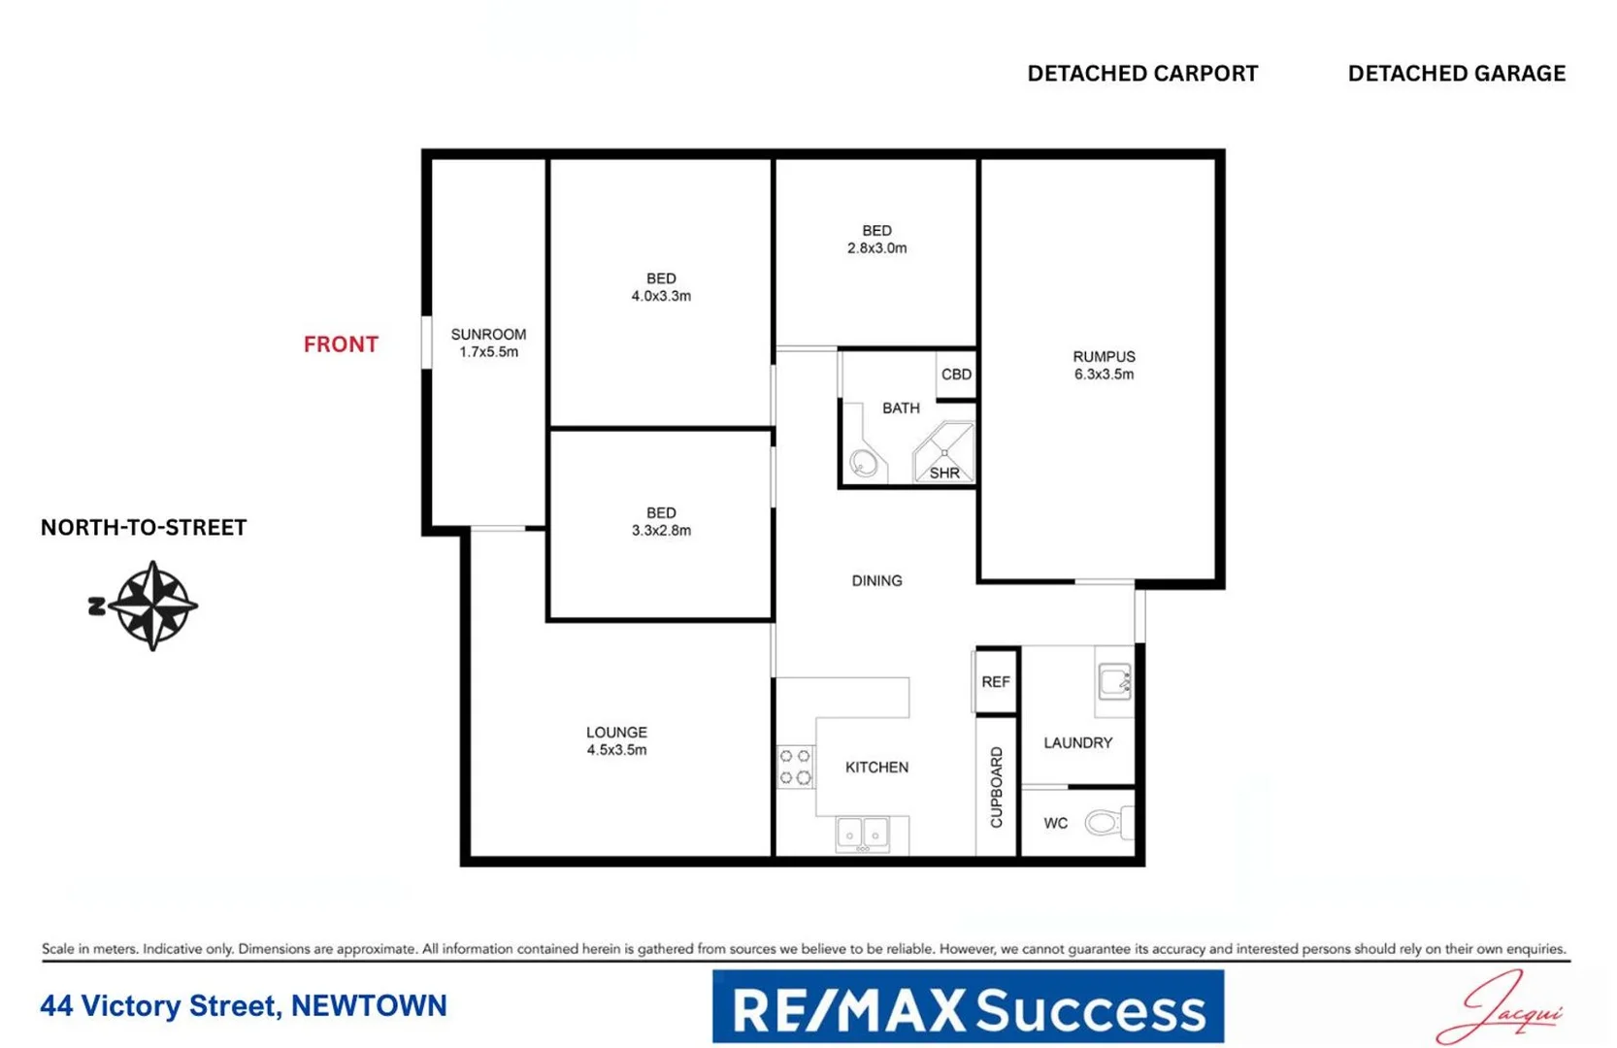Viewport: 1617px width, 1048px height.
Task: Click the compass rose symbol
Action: point(152,606)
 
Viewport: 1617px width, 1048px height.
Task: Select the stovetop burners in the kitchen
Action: point(796,767)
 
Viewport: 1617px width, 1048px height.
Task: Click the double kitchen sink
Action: point(863,834)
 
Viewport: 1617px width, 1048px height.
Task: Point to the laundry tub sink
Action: point(1114,681)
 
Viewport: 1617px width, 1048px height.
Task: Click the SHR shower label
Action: point(944,473)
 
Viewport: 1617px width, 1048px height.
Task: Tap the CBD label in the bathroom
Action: point(956,374)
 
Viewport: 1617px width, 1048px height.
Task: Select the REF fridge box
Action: point(996,681)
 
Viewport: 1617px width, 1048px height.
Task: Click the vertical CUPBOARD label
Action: point(996,787)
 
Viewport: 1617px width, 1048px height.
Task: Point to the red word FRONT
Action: point(341,344)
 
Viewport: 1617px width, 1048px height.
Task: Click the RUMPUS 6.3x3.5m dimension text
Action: point(1104,374)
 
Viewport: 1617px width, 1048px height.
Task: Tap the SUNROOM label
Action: point(488,334)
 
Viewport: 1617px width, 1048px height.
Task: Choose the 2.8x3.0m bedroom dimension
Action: point(876,248)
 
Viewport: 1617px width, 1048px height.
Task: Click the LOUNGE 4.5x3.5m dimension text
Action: point(616,750)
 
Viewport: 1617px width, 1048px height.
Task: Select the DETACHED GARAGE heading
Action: point(1456,74)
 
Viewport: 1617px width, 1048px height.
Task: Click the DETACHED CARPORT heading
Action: point(1142,74)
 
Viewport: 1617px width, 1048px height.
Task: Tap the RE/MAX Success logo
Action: point(968,1007)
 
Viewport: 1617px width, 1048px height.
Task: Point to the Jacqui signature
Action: point(1502,1009)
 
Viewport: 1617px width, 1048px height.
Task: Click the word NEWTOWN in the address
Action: point(369,1006)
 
